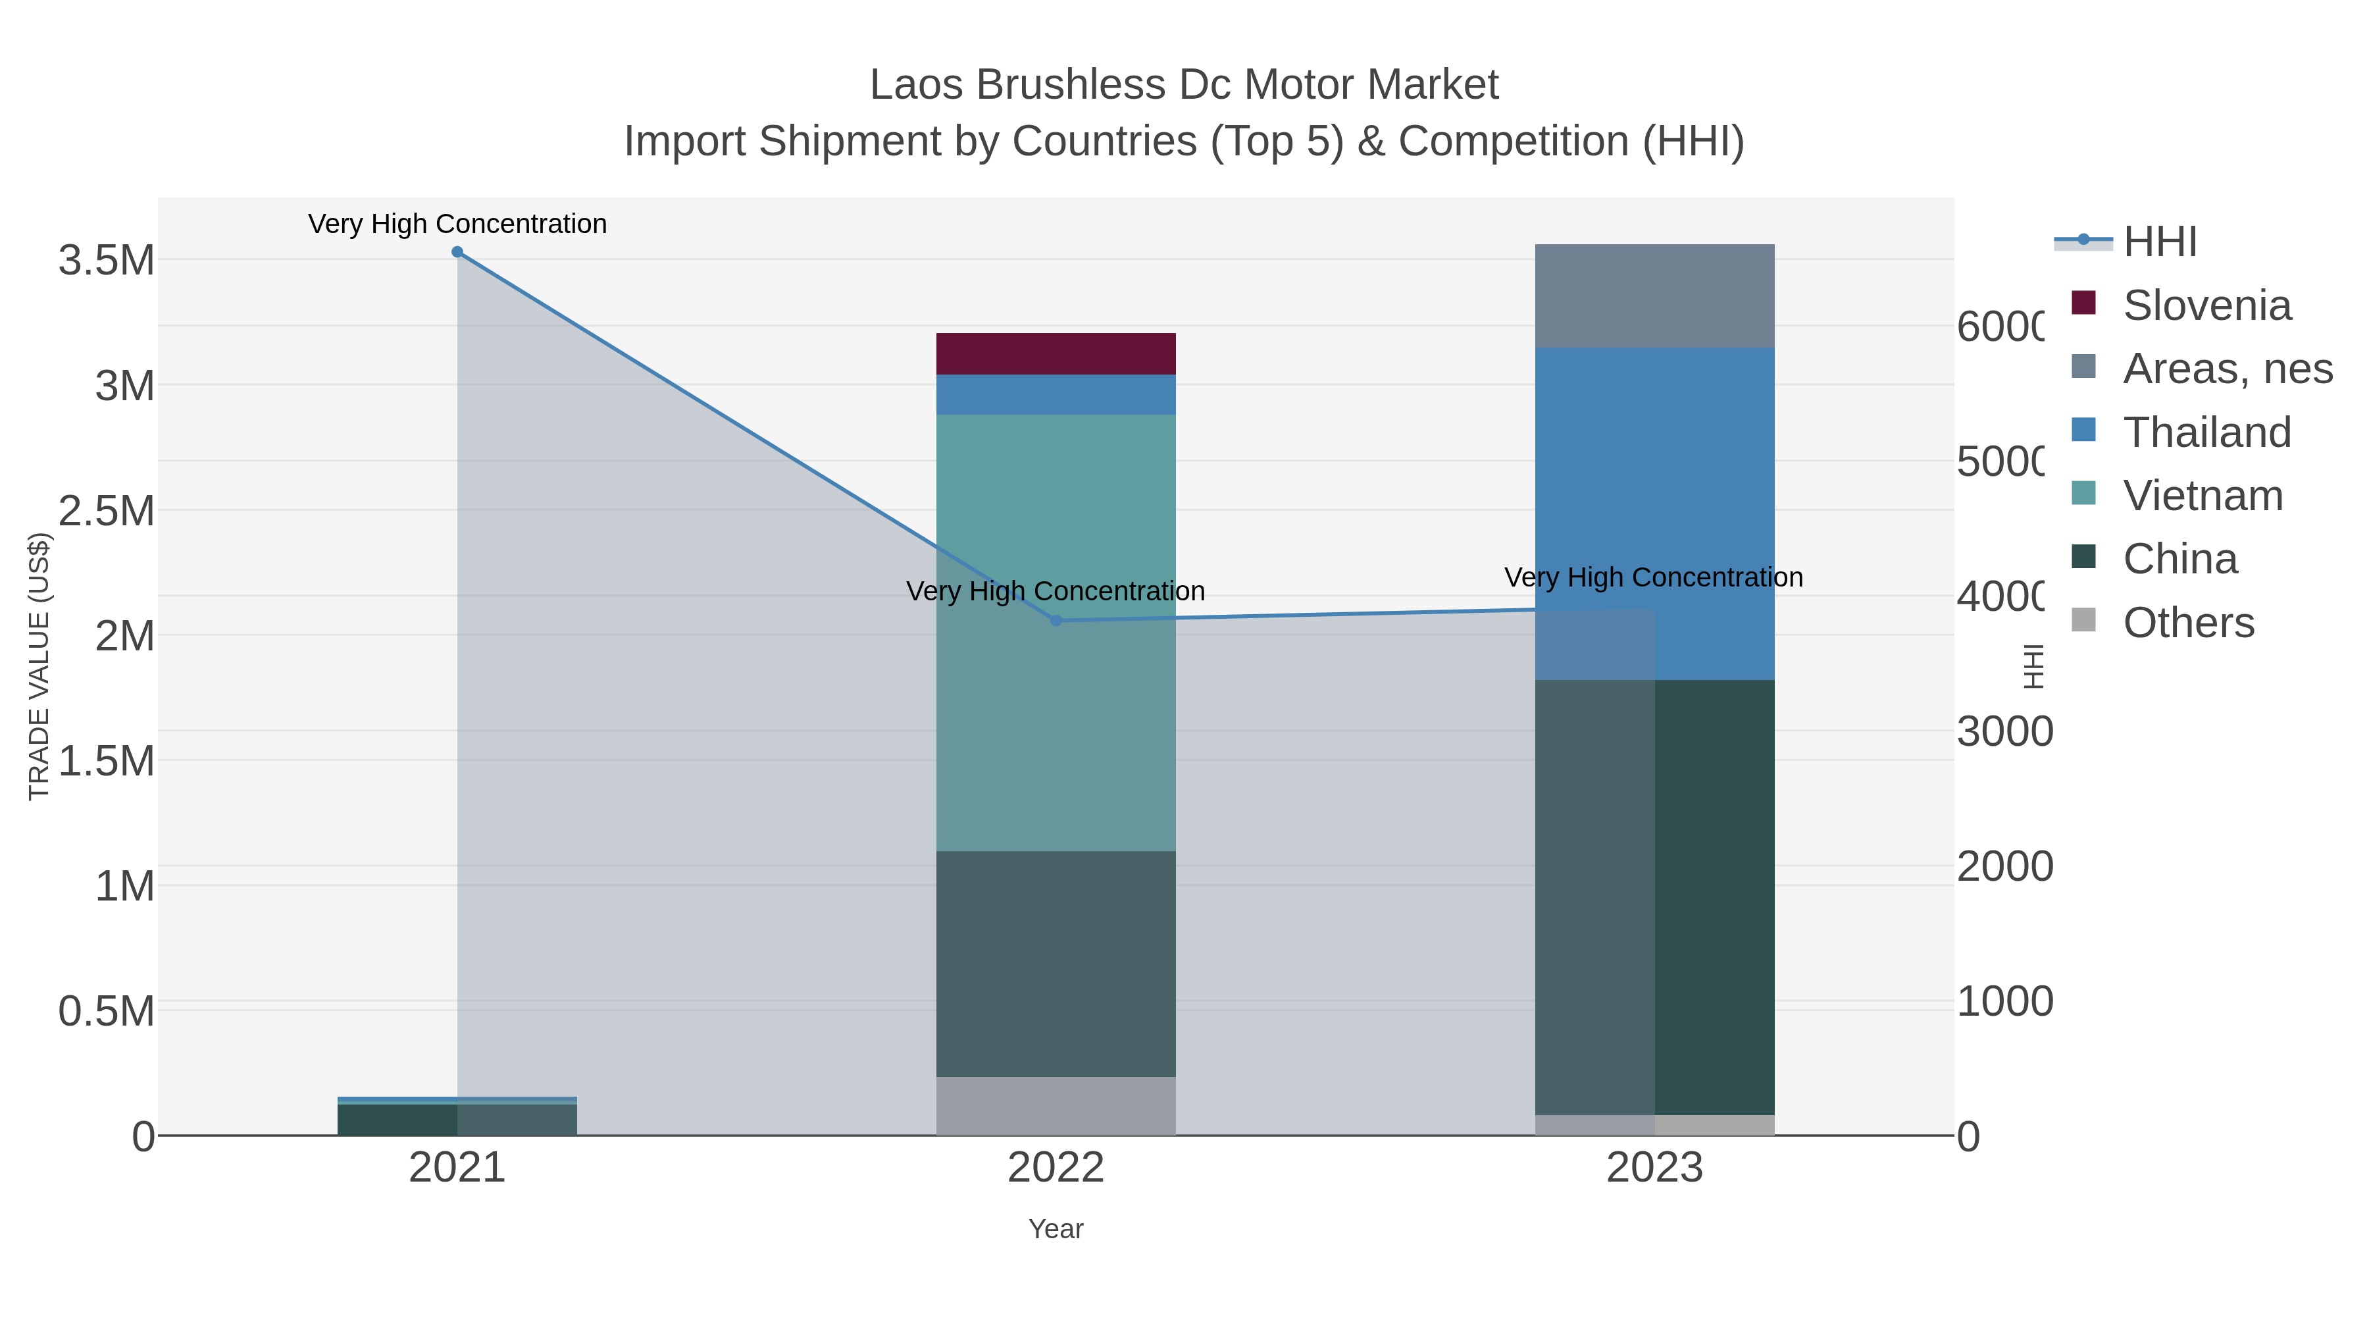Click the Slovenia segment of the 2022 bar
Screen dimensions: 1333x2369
pos(1056,353)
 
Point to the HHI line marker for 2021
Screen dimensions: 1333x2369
pos(457,252)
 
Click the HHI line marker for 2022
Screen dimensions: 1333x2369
pos(1056,621)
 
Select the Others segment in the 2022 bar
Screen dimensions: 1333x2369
pos(1056,1106)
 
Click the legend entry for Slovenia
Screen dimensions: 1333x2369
pos(2206,305)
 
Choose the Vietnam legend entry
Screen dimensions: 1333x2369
pos(2203,496)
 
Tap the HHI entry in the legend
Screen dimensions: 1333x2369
pos(2159,242)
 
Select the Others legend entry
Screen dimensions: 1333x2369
pos(2188,623)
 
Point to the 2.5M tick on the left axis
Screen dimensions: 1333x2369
pos(107,511)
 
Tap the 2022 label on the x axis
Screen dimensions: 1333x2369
pos(1056,1168)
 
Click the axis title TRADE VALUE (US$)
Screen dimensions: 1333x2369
pos(39,666)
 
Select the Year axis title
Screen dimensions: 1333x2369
pos(1056,1229)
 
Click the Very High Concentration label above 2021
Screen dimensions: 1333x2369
pos(457,224)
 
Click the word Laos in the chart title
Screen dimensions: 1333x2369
pos(915,86)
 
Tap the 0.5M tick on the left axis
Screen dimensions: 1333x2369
pos(107,1012)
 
